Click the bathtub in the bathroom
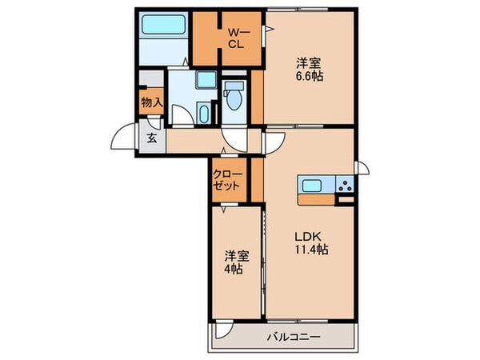164,26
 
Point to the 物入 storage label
150,102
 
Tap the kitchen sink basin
312,185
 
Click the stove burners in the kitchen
345,185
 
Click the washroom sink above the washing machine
205,81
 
